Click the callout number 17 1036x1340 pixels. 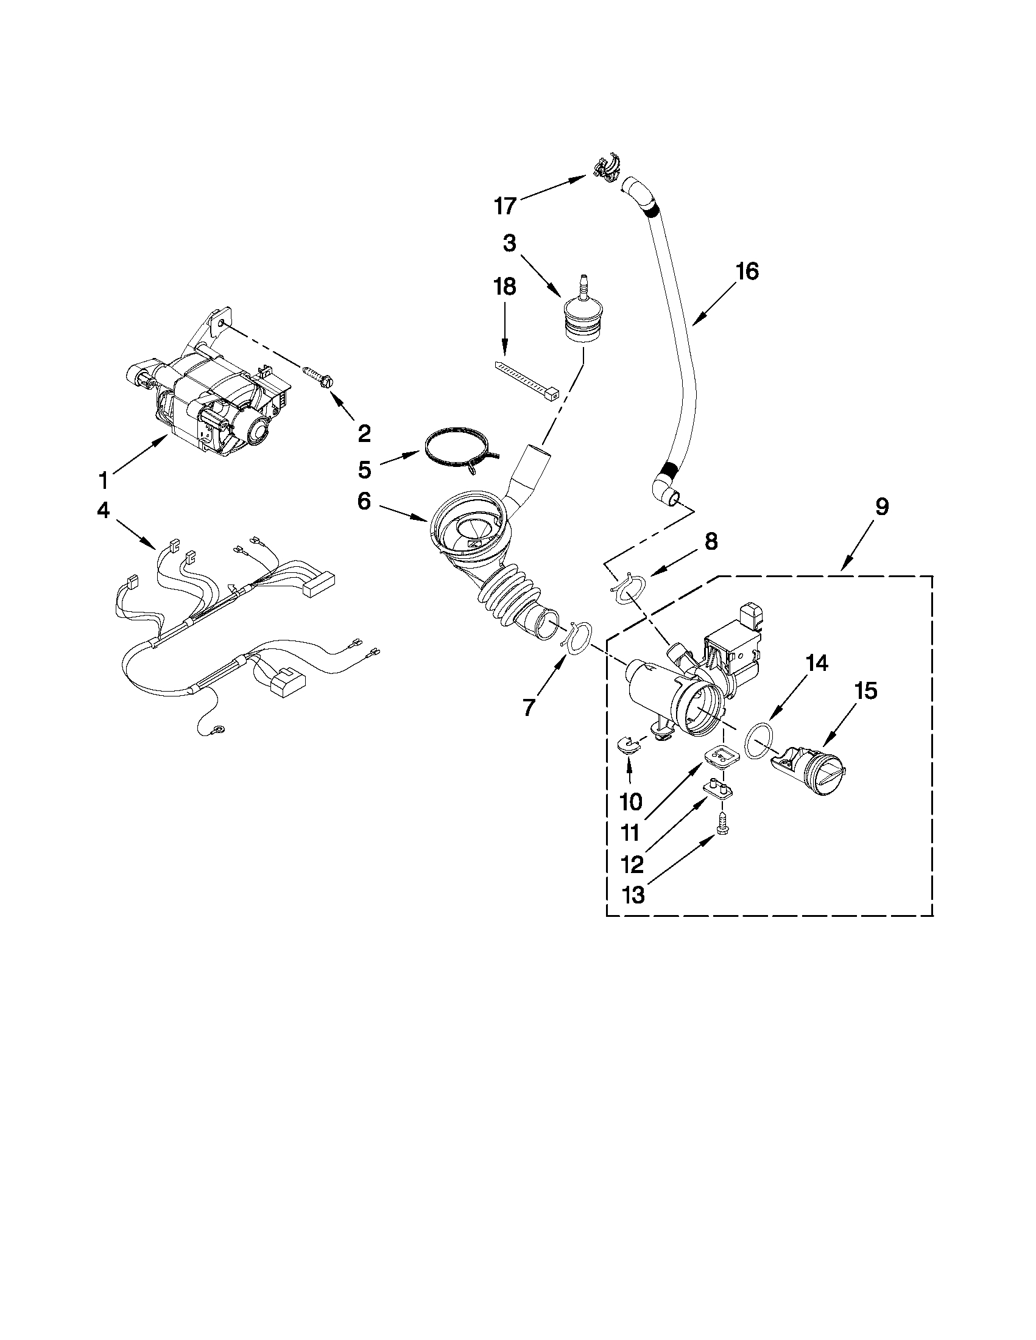(505, 206)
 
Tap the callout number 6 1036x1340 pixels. (365, 501)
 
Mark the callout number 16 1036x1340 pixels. (747, 271)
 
